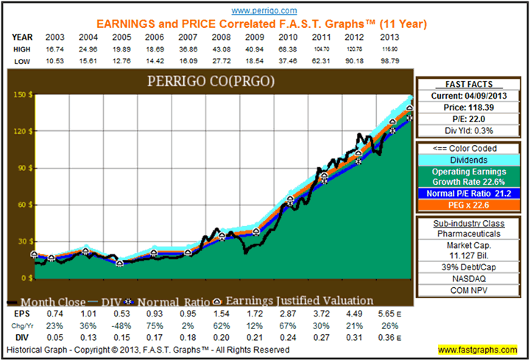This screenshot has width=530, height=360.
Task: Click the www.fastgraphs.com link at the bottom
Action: (x=478, y=348)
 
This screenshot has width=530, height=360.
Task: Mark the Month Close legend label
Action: (x=55, y=300)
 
